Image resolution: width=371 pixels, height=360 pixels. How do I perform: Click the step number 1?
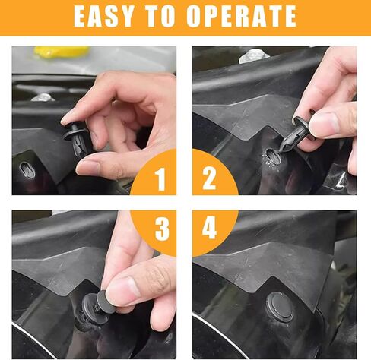click(160, 179)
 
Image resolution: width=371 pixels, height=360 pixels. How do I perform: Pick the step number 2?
click(209, 179)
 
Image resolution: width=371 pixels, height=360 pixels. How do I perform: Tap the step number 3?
click(161, 230)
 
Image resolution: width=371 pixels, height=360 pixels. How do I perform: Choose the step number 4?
click(210, 230)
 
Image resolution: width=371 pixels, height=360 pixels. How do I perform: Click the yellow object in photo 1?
click(61, 52)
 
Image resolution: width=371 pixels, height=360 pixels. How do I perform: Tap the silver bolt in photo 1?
click(43, 97)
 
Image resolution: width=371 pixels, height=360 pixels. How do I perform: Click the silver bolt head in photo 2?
click(252, 55)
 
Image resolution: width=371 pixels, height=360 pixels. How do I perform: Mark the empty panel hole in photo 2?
click(271, 157)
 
